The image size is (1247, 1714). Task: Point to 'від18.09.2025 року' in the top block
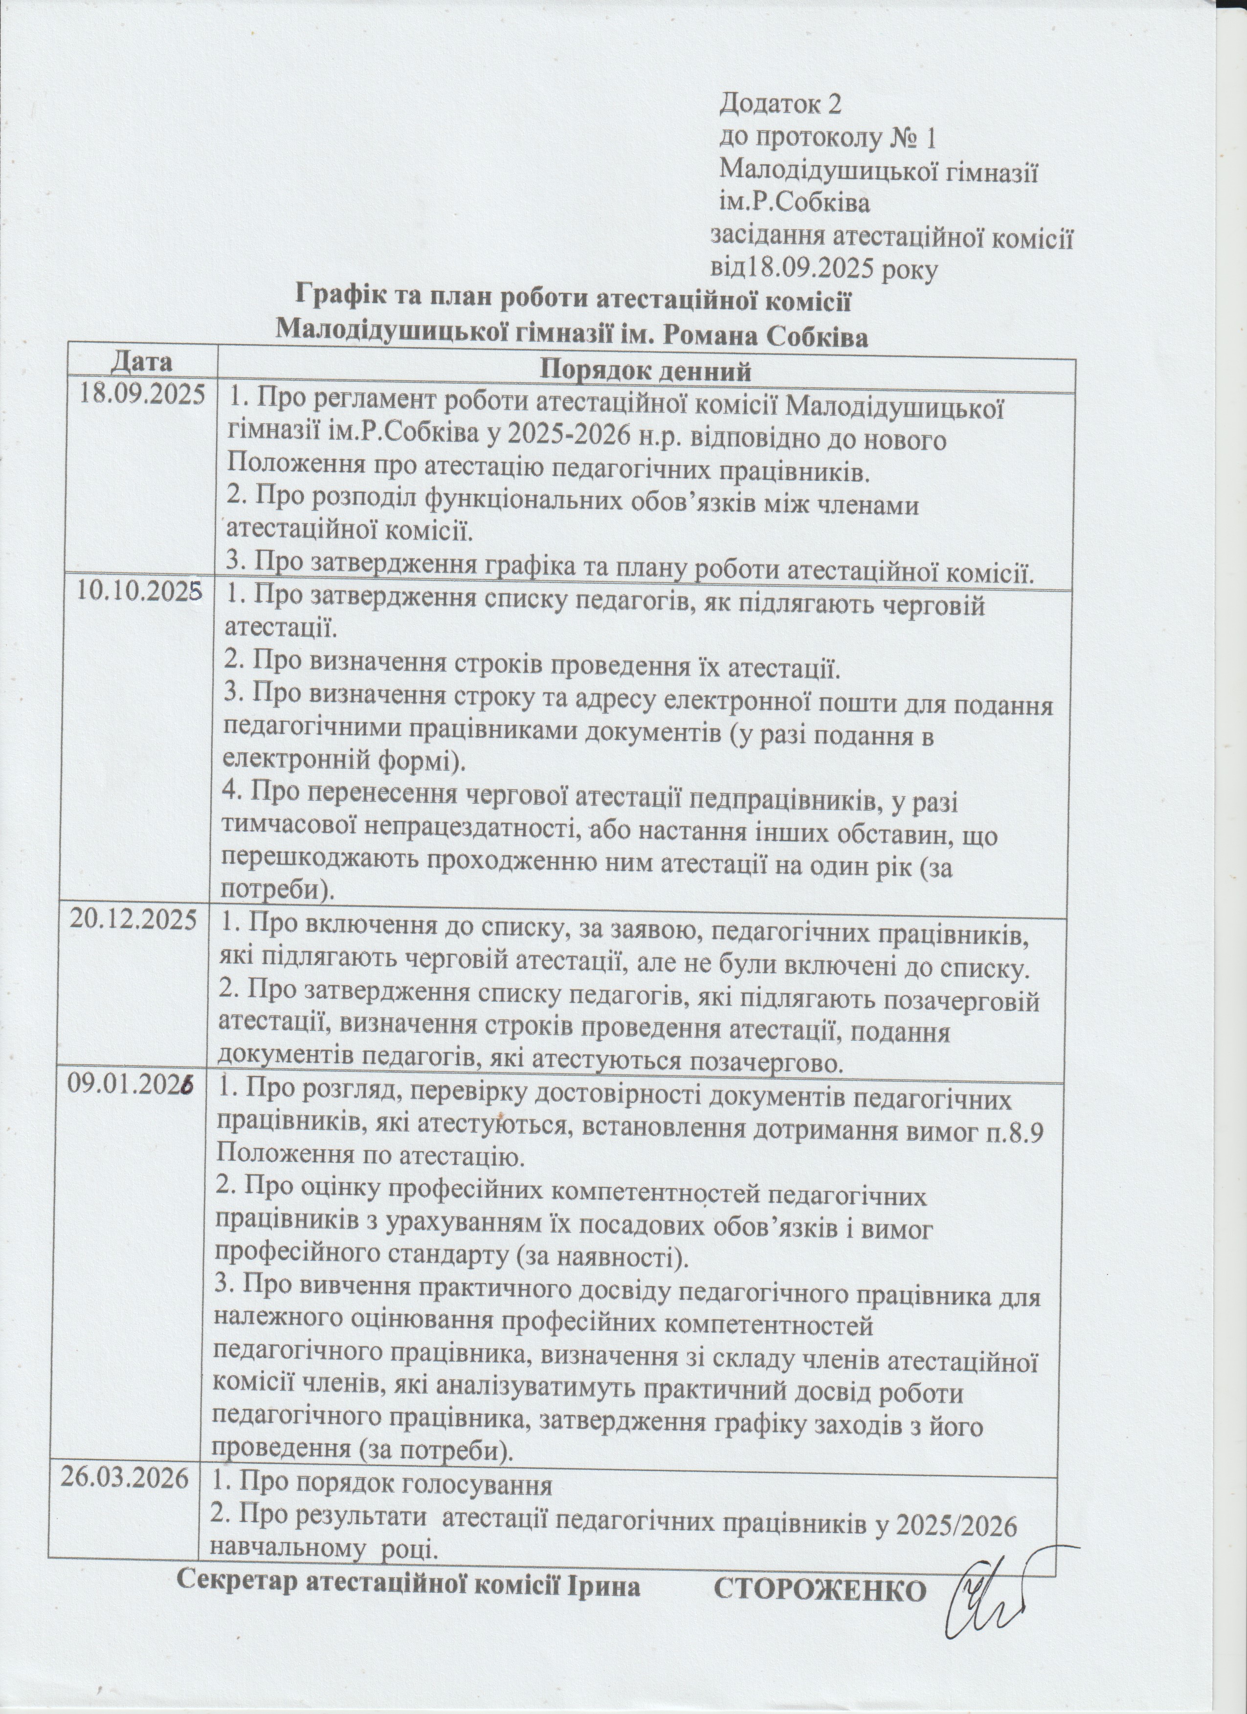(x=824, y=268)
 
